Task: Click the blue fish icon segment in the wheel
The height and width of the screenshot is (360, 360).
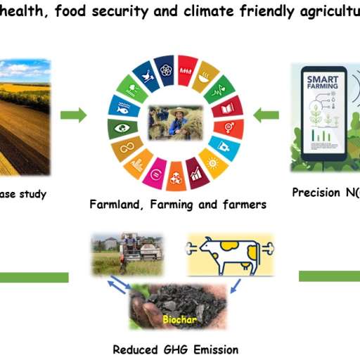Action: (x=120, y=108)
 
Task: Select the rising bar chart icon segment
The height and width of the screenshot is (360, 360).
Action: (x=195, y=172)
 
